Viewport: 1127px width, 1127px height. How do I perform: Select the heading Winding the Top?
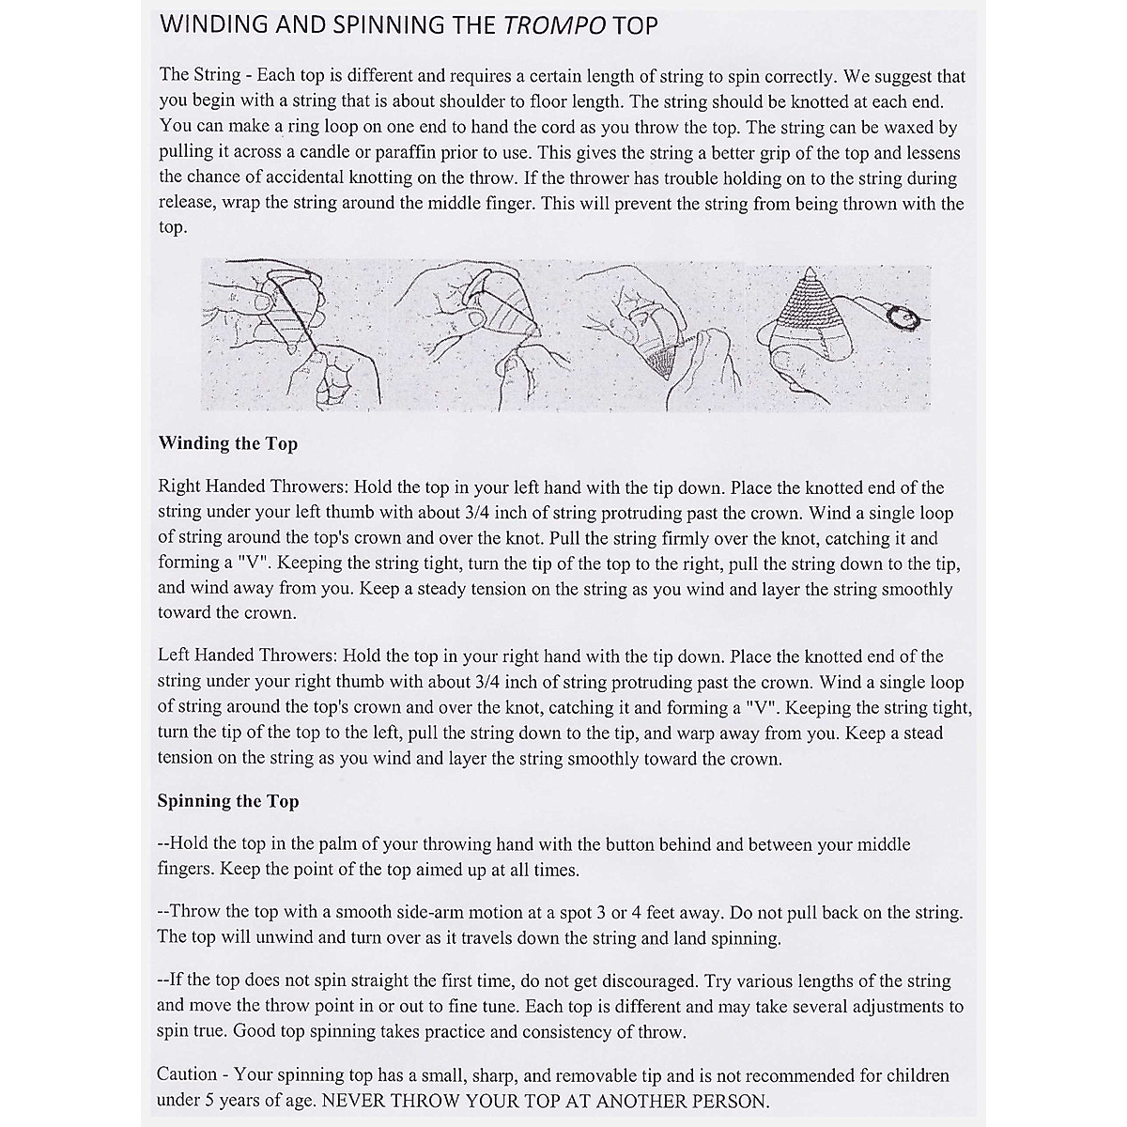(x=228, y=443)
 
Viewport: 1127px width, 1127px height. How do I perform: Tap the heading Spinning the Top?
(x=228, y=801)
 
